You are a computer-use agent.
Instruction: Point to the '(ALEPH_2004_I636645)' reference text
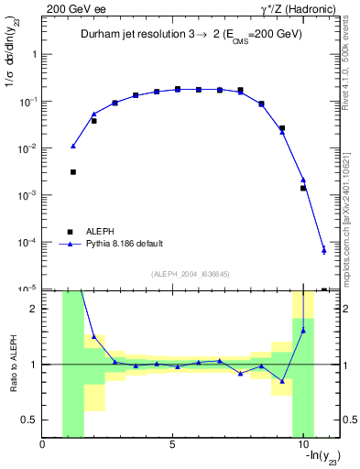click(x=190, y=274)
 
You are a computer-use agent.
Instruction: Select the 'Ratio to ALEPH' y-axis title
click(x=13, y=364)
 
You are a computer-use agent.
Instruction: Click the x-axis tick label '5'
click(x=172, y=445)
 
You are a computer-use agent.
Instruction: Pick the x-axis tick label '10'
click(x=301, y=445)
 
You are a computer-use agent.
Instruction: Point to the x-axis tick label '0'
click(x=43, y=445)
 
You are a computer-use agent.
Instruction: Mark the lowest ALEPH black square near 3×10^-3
click(x=73, y=171)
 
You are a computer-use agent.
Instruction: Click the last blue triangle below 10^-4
click(x=324, y=250)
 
